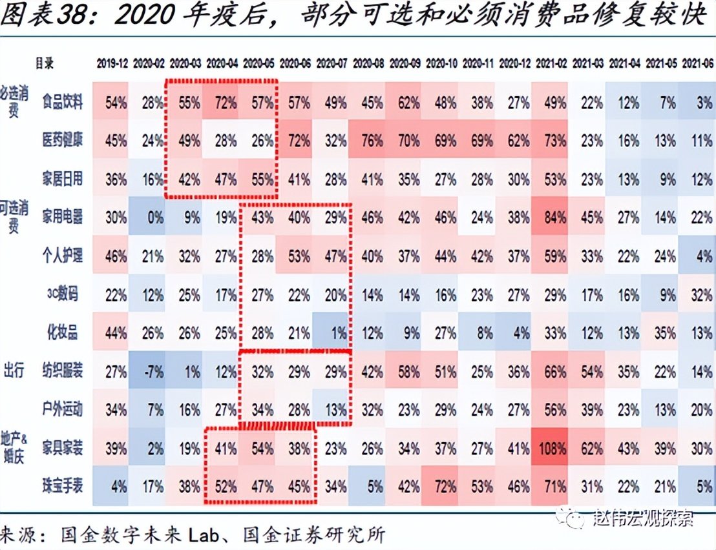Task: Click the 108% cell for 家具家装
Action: (x=553, y=448)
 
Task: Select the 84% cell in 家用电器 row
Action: (x=553, y=218)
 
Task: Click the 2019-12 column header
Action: (x=113, y=63)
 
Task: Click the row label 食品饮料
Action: (x=63, y=102)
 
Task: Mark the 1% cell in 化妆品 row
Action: (x=335, y=332)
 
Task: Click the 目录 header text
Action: (x=44, y=63)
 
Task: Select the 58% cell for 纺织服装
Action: (x=406, y=371)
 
